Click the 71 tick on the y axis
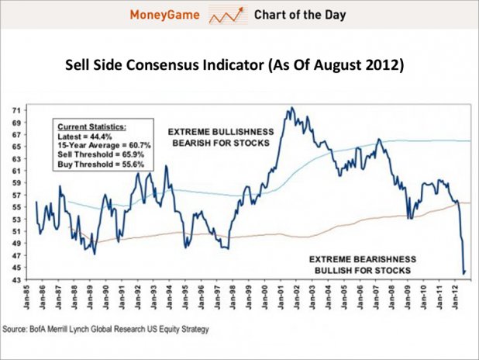coord(16,110)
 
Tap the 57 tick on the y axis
coord(16,195)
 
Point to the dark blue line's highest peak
coord(290,108)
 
